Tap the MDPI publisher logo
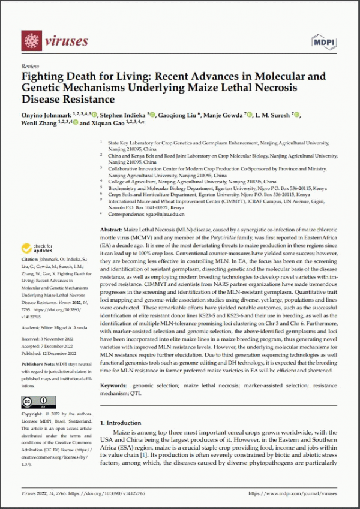tap(325, 41)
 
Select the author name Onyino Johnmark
tap(46, 115)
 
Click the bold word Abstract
tap(109, 230)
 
